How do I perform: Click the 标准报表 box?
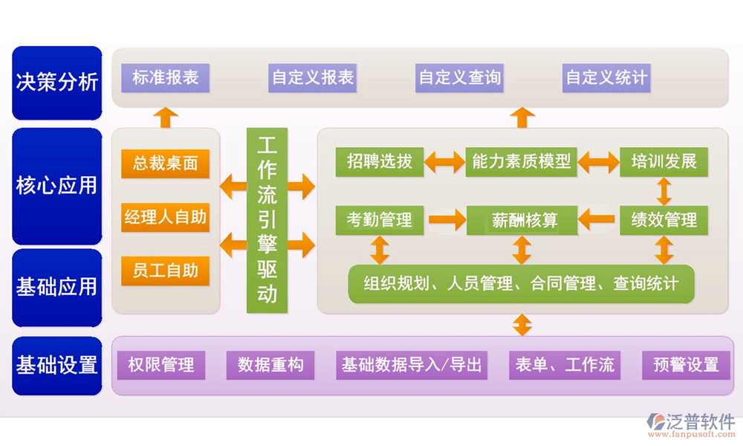click(165, 77)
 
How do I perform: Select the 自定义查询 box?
click(460, 77)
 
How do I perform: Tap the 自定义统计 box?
click(606, 77)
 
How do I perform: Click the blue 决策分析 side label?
click(57, 83)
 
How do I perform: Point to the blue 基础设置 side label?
click(57, 366)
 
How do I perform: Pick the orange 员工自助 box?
click(165, 271)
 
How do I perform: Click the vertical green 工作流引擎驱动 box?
click(267, 219)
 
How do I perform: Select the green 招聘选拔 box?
click(379, 161)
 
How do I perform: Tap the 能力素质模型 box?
click(522, 161)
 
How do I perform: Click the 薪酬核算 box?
click(522, 220)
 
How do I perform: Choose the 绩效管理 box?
click(663, 220)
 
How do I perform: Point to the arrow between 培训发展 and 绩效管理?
click(663, 191)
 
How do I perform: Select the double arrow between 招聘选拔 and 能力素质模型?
click(445, 161)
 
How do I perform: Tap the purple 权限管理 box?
click(161, 365)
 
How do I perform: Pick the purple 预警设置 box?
click(686, 365)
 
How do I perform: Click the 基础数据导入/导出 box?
click(412, 365)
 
